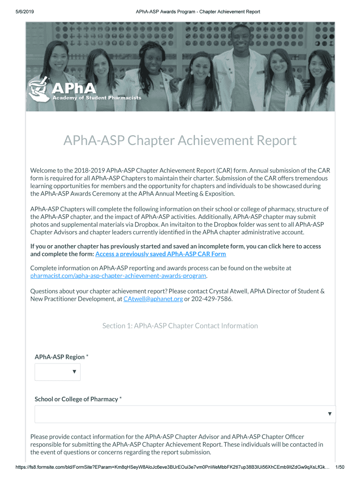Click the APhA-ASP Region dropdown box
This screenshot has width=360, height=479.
point(58,372)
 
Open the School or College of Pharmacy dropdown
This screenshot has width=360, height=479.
point(185,414)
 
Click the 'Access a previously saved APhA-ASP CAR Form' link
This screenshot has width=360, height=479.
point(160,254)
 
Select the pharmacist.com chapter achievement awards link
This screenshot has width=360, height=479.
point(118,276)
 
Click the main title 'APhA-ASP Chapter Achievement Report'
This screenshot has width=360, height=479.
point(180,140)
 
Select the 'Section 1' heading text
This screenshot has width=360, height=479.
point(180,326)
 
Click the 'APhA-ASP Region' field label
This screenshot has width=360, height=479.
point(60,357)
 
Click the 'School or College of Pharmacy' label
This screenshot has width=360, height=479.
point(76,399)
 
